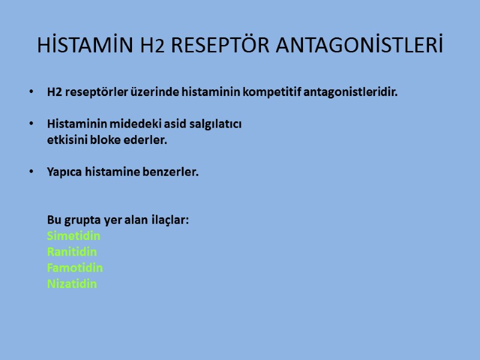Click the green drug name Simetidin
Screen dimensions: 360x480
click(74, 236)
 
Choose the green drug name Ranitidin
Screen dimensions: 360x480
click(72, 252)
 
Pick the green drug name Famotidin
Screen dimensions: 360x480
click(75, 268)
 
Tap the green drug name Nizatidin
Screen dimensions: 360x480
click(72, 284)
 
